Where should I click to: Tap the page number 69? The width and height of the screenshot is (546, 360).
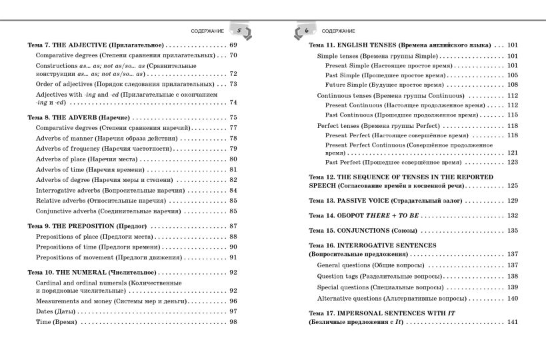point(233,45)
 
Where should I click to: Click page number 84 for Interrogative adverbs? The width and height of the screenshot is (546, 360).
point(233,190)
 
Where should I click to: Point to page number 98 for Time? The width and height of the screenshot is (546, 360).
point(233,322)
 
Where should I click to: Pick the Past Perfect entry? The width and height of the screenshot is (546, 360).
point(398,162)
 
